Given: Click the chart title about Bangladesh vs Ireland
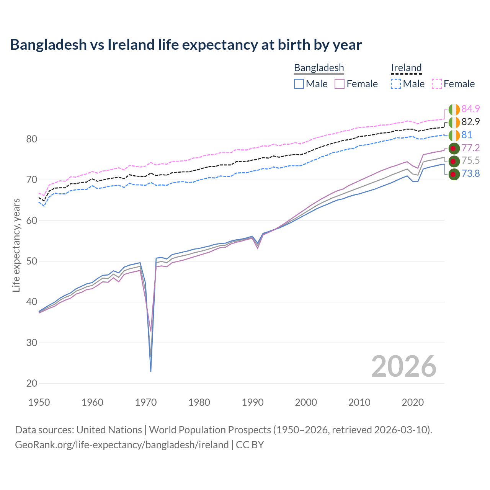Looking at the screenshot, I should tap(186, 45).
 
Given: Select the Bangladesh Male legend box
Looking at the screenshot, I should tap(299, 84).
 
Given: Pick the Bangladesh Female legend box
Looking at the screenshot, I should tap(340, 84).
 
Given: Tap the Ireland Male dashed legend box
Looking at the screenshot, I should tap(396, 84).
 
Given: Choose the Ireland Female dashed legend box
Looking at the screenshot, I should tap(437, 84).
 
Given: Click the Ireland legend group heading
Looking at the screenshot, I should tap(406, 68).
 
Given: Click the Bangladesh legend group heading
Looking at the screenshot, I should tap(319, 68).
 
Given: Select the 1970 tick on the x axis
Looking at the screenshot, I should tap(146, 402).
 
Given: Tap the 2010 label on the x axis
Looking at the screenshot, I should tap(359, 402).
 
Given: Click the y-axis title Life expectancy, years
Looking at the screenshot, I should tap(16, 245).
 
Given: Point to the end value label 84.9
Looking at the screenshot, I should tap(470, 109).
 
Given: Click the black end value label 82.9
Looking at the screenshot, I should tap(470, 122).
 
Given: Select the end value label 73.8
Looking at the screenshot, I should tap(470, 174).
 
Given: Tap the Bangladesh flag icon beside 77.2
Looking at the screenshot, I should tap(454, 148).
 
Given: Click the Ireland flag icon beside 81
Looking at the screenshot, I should tap(454, 135).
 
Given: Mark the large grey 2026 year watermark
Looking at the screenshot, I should tap(403, 366).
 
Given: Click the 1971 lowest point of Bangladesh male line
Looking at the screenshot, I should tap(151, 371).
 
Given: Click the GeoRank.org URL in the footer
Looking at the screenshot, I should tap(122, 445).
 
